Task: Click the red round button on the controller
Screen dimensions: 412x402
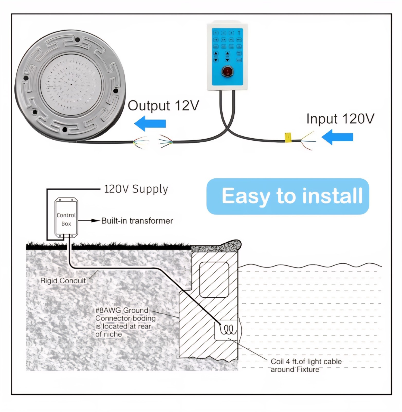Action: coord(227,71)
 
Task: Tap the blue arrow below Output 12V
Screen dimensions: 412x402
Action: coord(150,123)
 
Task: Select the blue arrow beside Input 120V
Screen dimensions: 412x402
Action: coord(337,137)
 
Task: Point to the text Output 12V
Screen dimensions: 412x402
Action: coord(163,106)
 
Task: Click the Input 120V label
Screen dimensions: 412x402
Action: coord(340,119)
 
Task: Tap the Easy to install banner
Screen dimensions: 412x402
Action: coord(288,196)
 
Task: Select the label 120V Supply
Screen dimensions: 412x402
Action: coord(136,189)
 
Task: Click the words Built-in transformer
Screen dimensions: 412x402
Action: coord(137,221)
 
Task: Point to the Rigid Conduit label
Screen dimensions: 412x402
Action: coord(63,281)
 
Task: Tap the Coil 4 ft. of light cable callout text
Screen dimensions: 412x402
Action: coord(306,365)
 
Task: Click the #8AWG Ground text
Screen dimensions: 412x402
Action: coord(122,310)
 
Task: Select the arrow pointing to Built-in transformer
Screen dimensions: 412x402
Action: coord(89,221)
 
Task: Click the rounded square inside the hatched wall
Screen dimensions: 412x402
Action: coord(214,280)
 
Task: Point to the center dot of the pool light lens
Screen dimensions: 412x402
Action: coord(71,84)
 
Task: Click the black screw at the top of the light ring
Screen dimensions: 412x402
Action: coord(77,40)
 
